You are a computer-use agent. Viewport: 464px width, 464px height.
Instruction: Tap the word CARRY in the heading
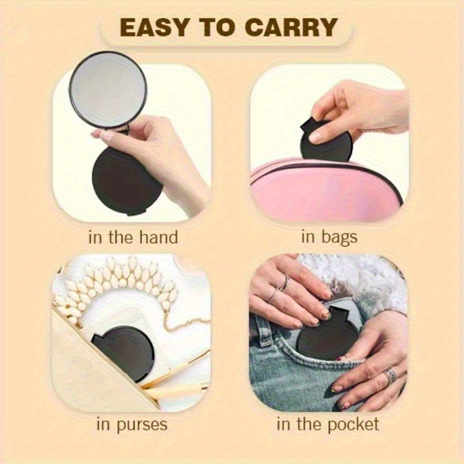pos(291,27)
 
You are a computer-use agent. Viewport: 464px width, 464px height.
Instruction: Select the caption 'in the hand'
pos(133,237)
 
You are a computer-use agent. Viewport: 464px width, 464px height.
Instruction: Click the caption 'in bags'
pos(329,238)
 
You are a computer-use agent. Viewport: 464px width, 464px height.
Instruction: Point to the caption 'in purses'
pos(132,425)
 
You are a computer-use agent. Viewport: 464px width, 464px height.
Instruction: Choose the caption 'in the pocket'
pos(328,425)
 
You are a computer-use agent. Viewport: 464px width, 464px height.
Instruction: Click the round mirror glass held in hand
pos(108,90)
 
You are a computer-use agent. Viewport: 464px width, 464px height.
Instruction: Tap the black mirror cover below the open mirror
pos(127,181)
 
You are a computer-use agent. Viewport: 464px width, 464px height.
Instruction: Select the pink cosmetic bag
pos(327,190)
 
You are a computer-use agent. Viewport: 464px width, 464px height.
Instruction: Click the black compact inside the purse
pos(124,353)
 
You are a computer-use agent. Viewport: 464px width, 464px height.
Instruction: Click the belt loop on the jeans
pos(263,329)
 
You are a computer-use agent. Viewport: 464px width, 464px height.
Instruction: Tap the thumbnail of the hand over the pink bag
pos(315,137)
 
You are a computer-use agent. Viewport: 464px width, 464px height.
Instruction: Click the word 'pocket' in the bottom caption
pos(353,425)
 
